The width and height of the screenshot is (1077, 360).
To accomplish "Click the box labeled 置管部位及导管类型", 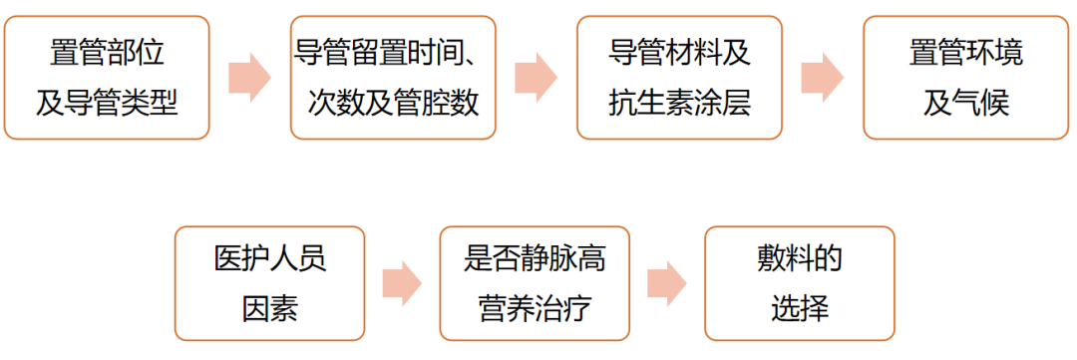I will (x=107, y=77).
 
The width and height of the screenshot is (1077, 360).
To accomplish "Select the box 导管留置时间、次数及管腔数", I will (x=393, y=77).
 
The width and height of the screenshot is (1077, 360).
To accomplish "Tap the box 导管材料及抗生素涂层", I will (x=679, y=77).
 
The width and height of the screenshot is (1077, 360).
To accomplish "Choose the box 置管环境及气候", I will (x=965, y=77).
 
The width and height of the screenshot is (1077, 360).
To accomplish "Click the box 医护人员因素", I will (x=269, y=284).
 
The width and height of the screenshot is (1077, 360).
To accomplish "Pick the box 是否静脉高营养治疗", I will (x=535, y=284).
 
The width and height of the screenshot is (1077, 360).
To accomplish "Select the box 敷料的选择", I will (x=799, y=284).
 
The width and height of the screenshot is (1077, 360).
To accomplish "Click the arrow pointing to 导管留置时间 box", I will (x=249, y=78).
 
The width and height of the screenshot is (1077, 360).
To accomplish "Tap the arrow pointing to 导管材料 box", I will (x=536, y=78).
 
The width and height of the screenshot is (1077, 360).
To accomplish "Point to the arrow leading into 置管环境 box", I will (x=822, y=78).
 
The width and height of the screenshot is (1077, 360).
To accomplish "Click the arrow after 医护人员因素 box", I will (x=401, y=284).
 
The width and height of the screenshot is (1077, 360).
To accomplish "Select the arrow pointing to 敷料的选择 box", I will (x=666, y=284).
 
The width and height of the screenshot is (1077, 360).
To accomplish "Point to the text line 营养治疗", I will (x=535, y=308).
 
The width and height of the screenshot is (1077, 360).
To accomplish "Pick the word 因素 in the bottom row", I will (x=269, y=308).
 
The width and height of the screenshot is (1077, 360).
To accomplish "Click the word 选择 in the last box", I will (x=799, y=308).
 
